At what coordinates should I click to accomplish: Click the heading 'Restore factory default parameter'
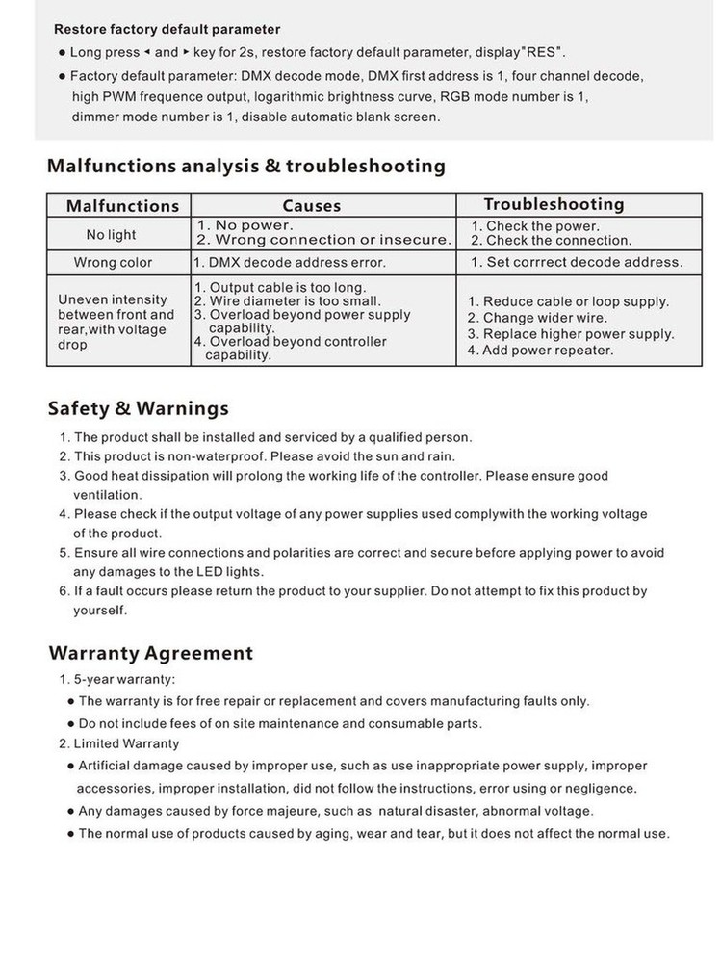[x=167, y=30]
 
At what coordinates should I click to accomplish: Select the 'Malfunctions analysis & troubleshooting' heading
[x=246, y=166]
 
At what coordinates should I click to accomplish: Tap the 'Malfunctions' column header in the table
[x=122, y=205]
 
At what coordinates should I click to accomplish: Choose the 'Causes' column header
[x=311, y=205]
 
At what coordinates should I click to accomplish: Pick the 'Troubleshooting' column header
[x=554, y=204]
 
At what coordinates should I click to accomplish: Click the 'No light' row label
[x=111, y=234]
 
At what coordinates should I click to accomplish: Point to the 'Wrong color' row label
[x=113, y=262]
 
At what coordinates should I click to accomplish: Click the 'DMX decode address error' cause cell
[x=290, y=262]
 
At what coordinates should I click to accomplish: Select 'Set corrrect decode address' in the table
[x=577, y=262]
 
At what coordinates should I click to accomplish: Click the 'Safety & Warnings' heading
[x=138, y=408]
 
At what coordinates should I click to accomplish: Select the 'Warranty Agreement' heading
[x=150, y=653]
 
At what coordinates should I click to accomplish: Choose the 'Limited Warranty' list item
[x=119, y=743]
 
